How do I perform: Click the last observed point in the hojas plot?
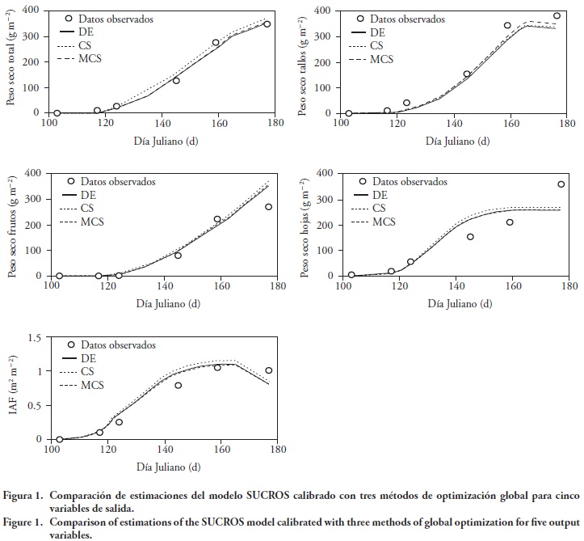[561, 184]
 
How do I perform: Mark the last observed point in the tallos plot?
[557, 16]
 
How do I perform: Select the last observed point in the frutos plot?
[269, 207]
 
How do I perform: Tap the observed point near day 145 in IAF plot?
[179, 386]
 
